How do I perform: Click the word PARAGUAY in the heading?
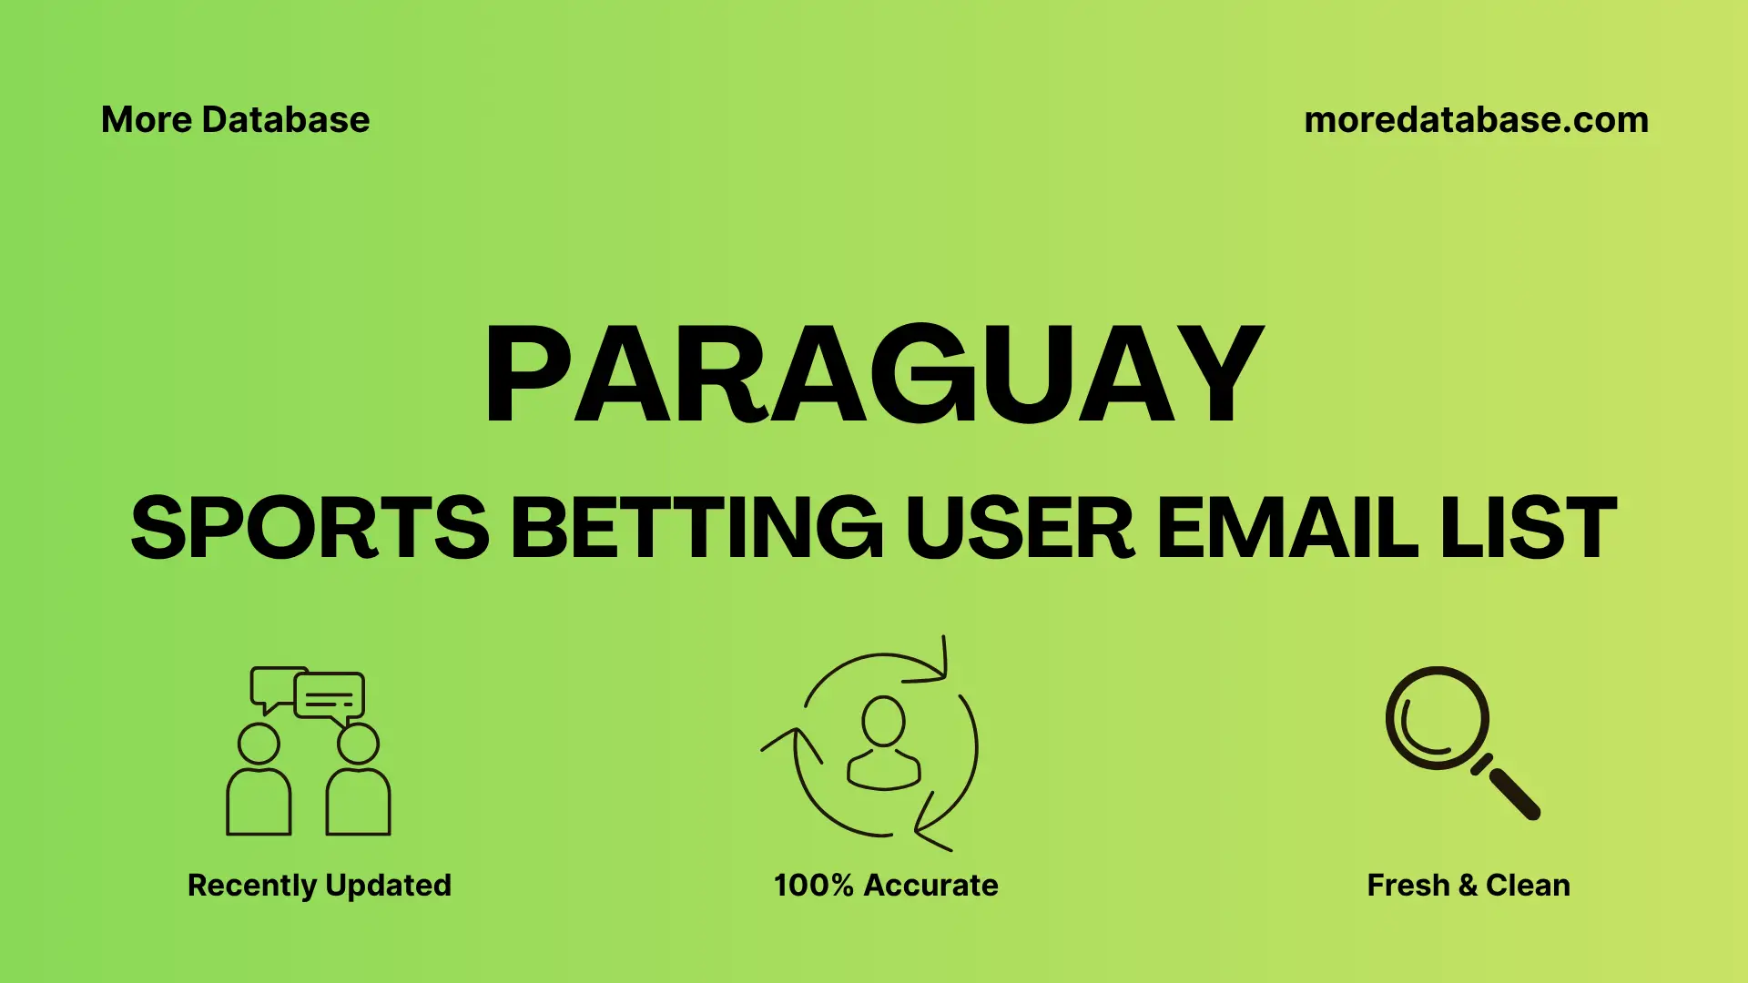click(874, 375)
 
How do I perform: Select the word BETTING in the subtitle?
click(696, 528)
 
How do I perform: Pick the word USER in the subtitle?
click(1019, 528)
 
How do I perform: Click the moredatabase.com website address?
click(1476, 120)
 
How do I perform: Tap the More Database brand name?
click(235, 120)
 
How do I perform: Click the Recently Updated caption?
click(319, 885)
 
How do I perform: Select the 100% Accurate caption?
click(885, 885)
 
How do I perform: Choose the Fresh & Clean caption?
click(1468, 885)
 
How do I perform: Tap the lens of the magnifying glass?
click(1437, 717)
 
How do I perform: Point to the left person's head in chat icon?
click(259, 744)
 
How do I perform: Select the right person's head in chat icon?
click(358, 744)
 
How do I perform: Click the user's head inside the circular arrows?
click(883, 721)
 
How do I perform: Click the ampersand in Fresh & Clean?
click(1467, 885)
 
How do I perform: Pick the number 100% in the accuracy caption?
click(813, 885)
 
